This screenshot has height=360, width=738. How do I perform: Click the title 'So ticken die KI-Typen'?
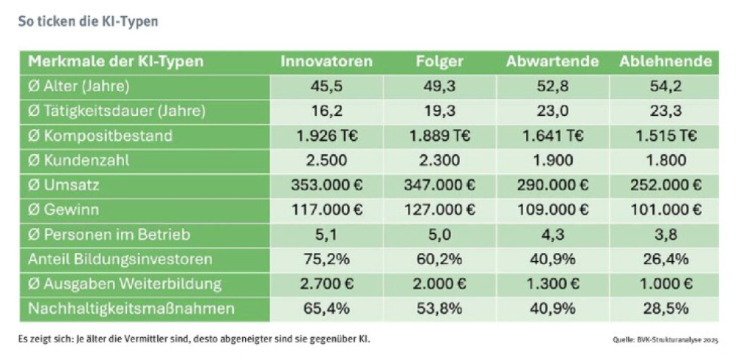click(x=88, y=21)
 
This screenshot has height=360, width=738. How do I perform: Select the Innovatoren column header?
click(x=326, y=61)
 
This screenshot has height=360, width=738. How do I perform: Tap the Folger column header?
click(x=439, y=61)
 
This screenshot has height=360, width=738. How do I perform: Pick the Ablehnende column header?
click(x=666, y=61)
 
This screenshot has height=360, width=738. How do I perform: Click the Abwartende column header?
click(x=552, y=61)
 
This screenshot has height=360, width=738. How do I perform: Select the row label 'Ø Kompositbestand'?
click(x=100, y=136)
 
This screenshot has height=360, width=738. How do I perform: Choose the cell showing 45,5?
click(x=326, y=86)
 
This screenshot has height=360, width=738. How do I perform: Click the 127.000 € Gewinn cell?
click(x=439, y=210)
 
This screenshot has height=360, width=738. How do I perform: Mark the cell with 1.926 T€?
click(x=326, y=136)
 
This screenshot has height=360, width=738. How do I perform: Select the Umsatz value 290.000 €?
click(x=552, y=185)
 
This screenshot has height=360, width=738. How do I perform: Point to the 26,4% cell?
click(x=666, y=259)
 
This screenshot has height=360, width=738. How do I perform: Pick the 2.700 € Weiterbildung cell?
click(x=326, y=284)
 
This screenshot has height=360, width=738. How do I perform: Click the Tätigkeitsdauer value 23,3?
click(x=666, y=111)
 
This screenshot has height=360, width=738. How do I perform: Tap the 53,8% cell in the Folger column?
click(x=439, y=308)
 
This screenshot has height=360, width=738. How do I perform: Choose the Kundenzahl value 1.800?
click(x=666, y=160)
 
